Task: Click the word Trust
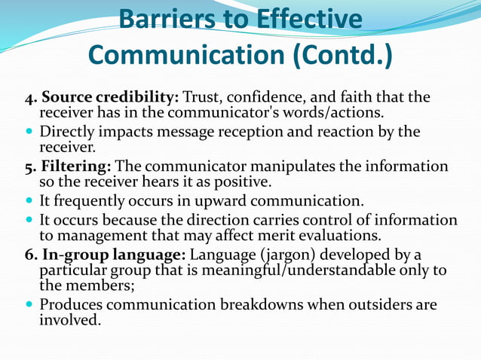[203, 98]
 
